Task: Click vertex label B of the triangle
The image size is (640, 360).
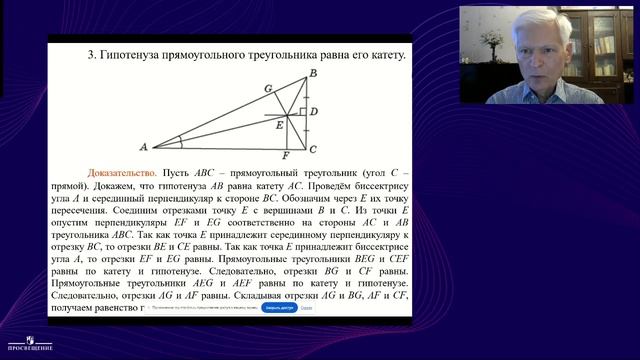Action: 313,74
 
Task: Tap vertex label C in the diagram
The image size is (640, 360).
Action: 313,149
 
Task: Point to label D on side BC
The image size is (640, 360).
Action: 313,112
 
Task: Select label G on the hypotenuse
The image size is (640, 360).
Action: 268,88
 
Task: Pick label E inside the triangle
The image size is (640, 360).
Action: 280,125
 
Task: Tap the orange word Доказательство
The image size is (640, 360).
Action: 118,172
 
